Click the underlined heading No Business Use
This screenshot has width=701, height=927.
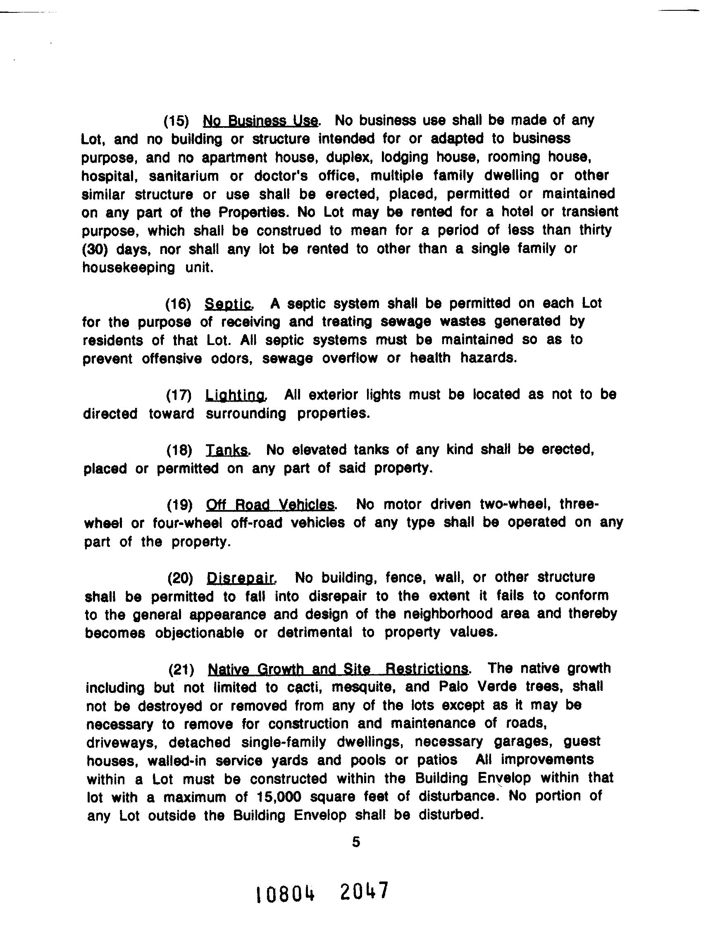coord(260,121)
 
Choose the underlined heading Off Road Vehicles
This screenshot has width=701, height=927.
coord(270,505)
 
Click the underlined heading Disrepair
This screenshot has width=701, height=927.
coord(241,578)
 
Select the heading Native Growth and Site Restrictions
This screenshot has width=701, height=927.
coord(338,669)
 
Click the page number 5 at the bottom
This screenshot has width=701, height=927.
coord(356,842)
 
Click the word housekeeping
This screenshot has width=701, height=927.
coord(128,268)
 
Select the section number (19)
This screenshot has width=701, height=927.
coord(179,505)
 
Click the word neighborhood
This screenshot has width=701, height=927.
coord(448,614)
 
